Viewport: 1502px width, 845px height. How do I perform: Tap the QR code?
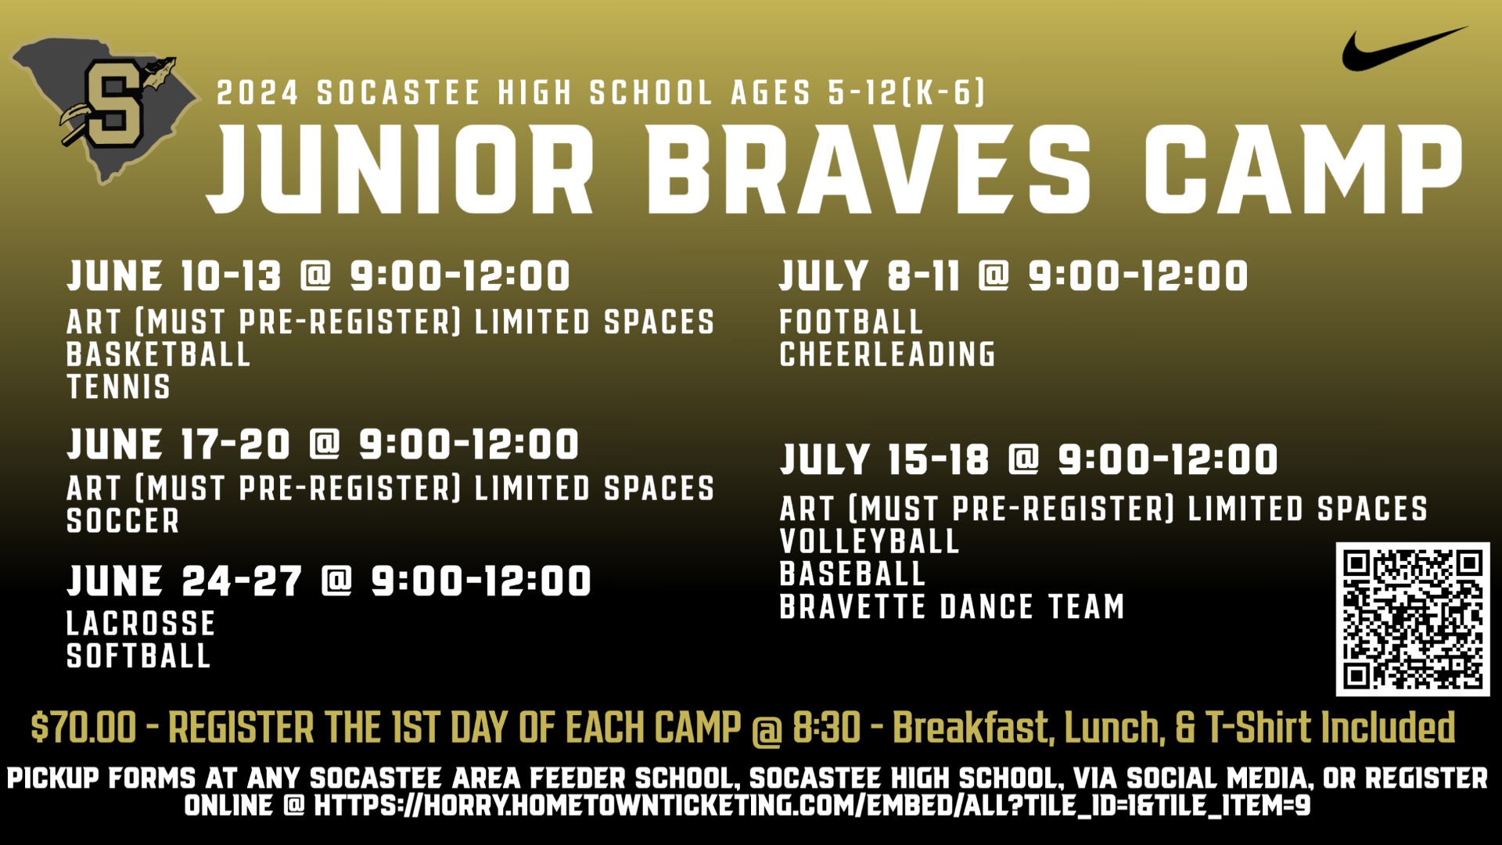1412,619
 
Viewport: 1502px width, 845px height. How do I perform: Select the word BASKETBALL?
158,354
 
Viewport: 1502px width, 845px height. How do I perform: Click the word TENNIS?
118,387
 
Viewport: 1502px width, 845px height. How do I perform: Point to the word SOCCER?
123,521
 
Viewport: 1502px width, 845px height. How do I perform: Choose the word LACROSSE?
141,624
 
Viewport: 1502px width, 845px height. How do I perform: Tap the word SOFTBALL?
138,656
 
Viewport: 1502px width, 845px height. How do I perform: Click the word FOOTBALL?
851,322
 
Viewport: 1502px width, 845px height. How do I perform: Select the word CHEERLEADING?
887,354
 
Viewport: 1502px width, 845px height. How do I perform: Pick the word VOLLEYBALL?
869,541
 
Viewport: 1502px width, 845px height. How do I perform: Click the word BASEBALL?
852,574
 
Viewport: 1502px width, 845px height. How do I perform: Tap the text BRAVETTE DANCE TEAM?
951,606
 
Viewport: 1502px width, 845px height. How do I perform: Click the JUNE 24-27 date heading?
184,581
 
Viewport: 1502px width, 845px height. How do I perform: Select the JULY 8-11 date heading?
869,276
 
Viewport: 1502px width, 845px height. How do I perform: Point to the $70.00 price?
83,728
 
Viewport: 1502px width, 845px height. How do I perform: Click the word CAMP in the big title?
1302,170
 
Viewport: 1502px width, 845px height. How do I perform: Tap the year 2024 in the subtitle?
258,94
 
